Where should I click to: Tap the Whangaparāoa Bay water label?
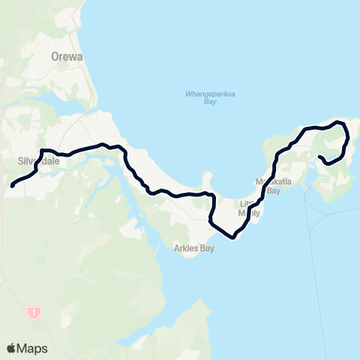[x=202, y=97]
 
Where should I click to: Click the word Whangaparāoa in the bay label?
[x=202, y=94]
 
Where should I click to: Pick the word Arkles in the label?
[x=179, y=250]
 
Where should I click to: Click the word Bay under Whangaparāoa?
[x=202, y=102]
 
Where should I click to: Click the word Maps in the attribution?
[x=32, y=348]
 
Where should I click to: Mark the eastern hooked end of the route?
[x=320, y=157]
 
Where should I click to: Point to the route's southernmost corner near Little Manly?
[x=234, y=238]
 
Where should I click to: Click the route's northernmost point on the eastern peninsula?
[x=339, y=121]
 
